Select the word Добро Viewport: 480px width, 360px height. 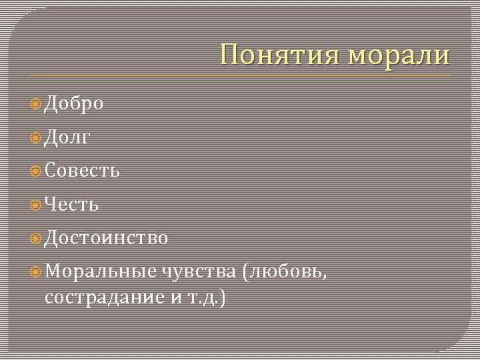click(x=73, y=104)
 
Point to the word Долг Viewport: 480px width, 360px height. click(x=67, y=138)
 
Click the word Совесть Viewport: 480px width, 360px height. click(x=82, y=171)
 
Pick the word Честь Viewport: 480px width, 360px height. click(x=71, y=204)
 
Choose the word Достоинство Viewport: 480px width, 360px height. click(x=106, y=237)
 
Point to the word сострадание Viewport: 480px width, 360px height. click(x=104, y=297)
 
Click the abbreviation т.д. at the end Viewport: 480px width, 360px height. click(x=208, y=297)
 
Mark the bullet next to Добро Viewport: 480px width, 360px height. click(x=36, y=104)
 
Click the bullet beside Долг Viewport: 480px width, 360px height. click(x=36, y=137)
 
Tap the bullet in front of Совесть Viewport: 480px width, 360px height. click(x=36, y=171)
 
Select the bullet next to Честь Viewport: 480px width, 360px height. click(x=36, y=204)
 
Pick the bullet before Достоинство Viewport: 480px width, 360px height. click(x=36, y=237)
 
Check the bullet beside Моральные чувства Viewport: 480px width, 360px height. click(x=36, y=271)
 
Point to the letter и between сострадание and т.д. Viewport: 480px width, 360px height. click(x=176, y=298)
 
